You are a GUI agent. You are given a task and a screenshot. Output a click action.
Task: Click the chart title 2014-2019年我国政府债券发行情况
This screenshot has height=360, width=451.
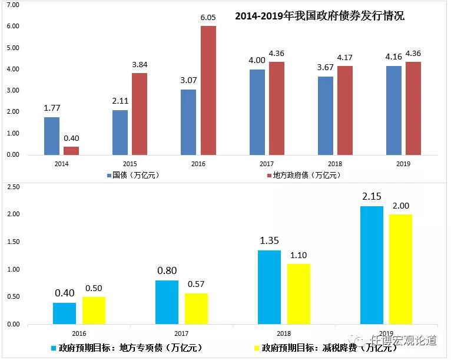[320, 16]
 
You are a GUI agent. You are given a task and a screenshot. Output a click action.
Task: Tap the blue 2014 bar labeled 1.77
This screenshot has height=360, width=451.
[52, 136]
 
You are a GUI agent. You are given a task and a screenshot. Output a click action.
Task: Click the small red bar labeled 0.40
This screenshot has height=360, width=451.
[71, 150]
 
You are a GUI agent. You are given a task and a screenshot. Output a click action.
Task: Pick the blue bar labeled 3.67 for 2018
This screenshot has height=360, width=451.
[326, 115]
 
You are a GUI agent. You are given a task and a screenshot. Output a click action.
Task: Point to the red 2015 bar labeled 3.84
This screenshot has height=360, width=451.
[140, 114]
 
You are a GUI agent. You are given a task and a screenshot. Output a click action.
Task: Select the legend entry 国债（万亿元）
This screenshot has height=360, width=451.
[132, 175]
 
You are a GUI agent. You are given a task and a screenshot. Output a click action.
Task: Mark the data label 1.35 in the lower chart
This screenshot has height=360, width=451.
[270, 240]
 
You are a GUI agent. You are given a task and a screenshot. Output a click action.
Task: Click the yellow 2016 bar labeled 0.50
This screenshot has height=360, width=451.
[94, 310]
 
